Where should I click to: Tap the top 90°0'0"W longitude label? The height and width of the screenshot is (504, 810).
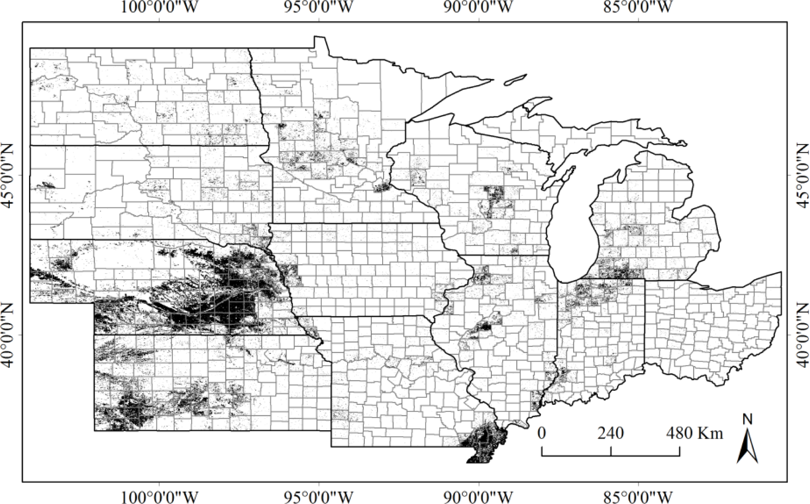[x=478, y=7]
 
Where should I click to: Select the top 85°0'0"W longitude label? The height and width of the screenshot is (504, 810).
[x=638, y=7]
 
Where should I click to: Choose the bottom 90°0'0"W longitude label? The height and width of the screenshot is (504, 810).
[x=478, y=497]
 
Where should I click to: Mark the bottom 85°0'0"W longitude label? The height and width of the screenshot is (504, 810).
[x=638, y=497]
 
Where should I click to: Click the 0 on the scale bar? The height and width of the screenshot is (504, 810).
[x=542, y=433]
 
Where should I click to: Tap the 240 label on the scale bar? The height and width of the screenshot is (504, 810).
[x=610, y=433]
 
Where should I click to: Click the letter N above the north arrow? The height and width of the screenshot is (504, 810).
[x=748, y=419]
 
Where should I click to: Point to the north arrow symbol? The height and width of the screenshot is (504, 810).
[x=748, y=447]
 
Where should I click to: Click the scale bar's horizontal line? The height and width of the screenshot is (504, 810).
[x=610, y=456]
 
